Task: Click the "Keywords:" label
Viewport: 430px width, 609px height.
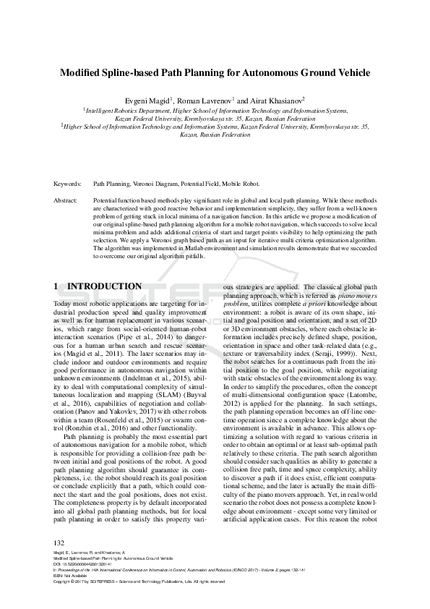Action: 67,184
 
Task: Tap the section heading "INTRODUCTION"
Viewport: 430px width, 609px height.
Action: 109,286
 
